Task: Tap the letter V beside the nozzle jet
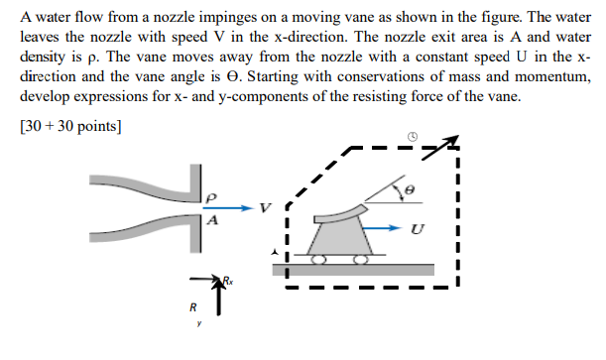coord(264,208)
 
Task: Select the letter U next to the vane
coord(416,229)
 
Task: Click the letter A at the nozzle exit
coord(210,221)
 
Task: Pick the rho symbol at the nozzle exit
coord(210,196)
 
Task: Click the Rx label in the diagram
coord(227,284)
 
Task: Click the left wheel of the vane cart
coord(319,259)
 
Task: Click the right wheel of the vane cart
coord(361,259)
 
